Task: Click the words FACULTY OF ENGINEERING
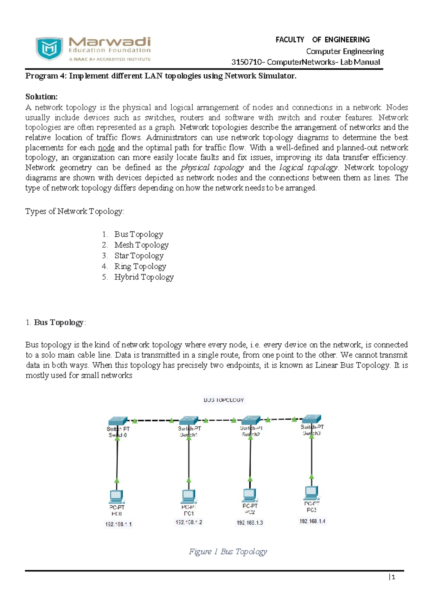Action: point(322,40)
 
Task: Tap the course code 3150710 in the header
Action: point(247,62)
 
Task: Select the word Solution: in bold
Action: point(41,97)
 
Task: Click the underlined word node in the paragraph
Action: point(106,148)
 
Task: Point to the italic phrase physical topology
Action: point(212,168)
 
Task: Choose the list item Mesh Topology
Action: point(141,245)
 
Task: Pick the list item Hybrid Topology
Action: point(143,277)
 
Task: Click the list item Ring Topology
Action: point(140,266)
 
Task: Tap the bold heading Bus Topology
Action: point(58,323)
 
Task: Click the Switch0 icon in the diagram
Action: point(117,421)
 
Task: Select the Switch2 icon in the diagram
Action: point(250,420)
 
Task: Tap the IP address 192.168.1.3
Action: point(250,523)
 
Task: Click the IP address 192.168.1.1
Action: point(119,524)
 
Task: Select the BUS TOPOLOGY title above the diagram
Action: point(224,400)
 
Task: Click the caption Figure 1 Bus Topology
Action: point(228,552)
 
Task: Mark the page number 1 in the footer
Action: point(393,577)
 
